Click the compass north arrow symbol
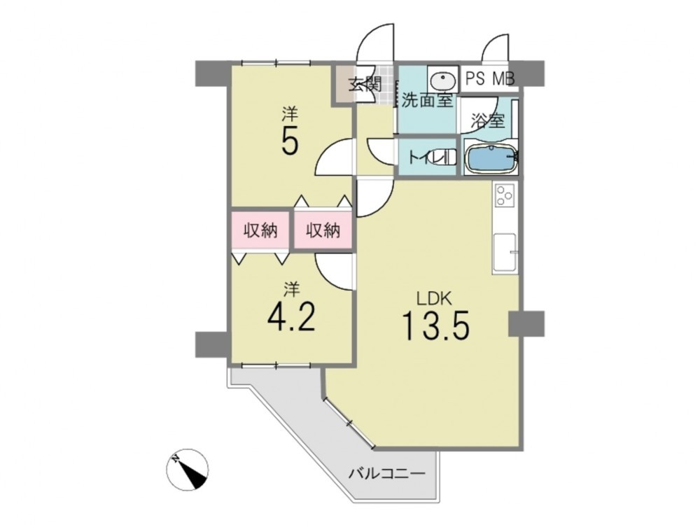[188, 470]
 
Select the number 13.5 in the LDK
[435, 325]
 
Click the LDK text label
[435, 298]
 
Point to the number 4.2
[291, 316]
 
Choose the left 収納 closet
[260, 230]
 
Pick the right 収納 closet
[323, 230]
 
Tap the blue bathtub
[490, 157]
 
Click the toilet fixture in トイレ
[449, 157]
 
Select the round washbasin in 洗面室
[443, 80]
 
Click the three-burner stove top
[505, 195]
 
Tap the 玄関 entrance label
[365, 84]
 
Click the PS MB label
[490, 78]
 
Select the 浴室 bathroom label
[488, 120]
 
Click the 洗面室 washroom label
[427, 101]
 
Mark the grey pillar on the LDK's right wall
[526, 323]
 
